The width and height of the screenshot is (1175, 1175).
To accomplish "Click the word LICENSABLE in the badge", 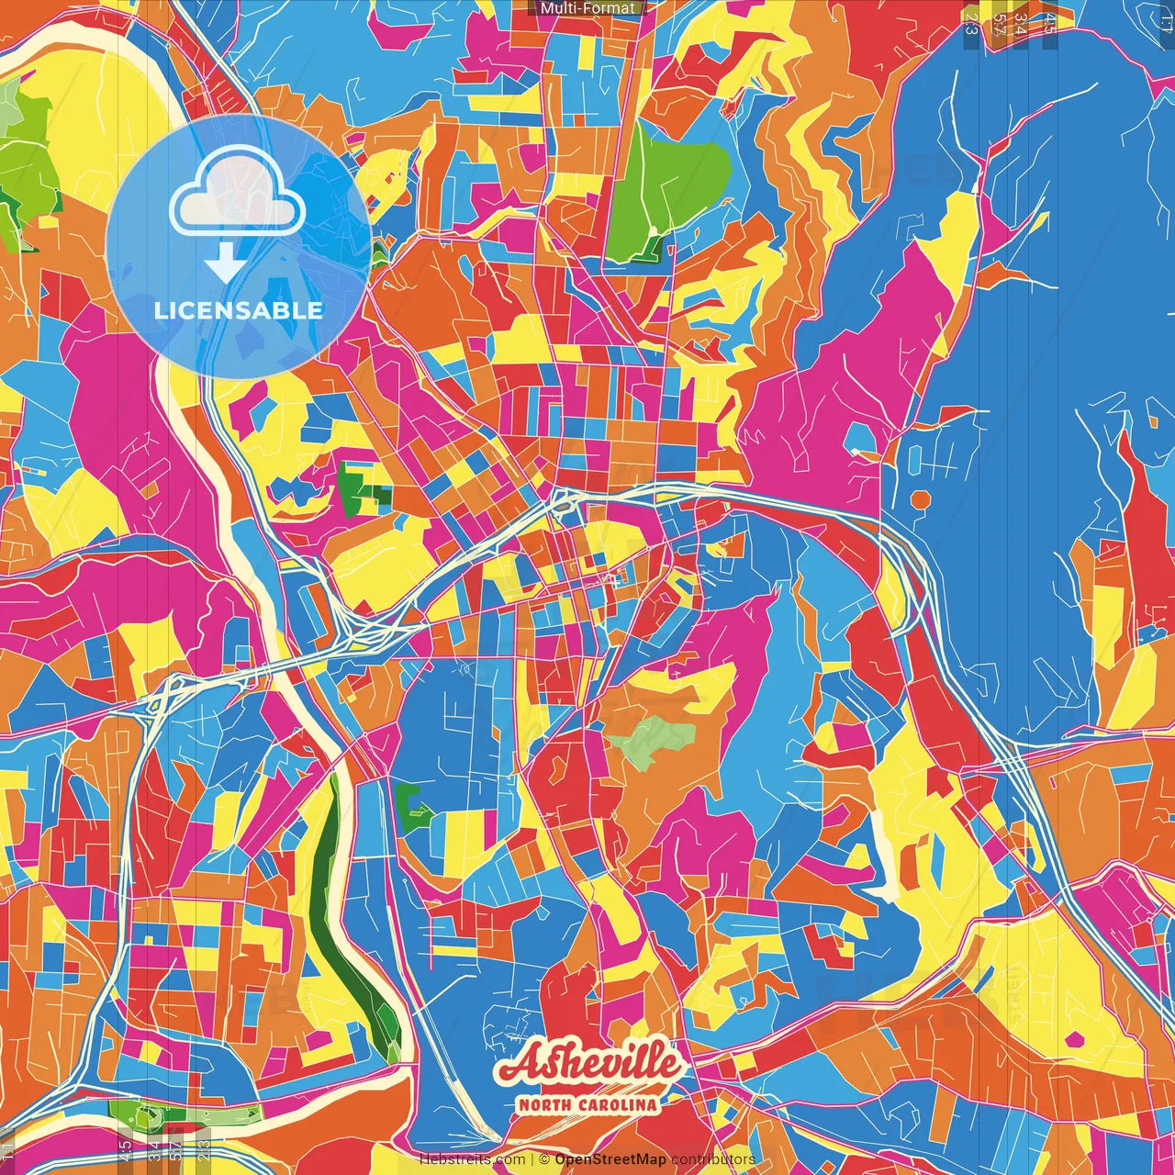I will point(239,310).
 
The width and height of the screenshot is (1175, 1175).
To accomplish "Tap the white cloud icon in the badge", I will point(238,196).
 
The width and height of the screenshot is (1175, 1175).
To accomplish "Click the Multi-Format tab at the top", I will point(587,8).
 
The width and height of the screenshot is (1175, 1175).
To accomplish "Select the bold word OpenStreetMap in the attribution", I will point(610,1159).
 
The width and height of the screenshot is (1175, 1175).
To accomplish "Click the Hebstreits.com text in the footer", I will point(472,1159).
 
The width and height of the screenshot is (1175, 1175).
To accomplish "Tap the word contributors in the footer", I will point(713,1159).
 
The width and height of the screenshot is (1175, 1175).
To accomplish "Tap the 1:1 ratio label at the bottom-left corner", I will point(7,1151).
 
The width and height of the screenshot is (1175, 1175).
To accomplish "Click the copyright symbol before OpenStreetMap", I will point(544,1159).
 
